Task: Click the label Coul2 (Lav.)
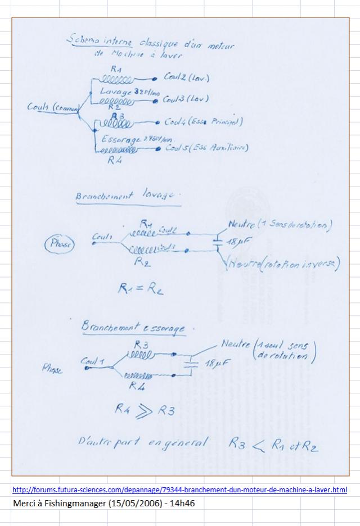[x=186, y=76]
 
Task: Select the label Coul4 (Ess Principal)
[x=203, y=122]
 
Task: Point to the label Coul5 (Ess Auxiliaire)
[x=206, y=148]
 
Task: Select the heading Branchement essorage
[x=137, y=327]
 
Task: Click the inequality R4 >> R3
[x=146, y=411]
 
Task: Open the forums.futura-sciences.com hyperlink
[x=179, y=490]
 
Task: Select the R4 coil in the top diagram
[x=118, y=151]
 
